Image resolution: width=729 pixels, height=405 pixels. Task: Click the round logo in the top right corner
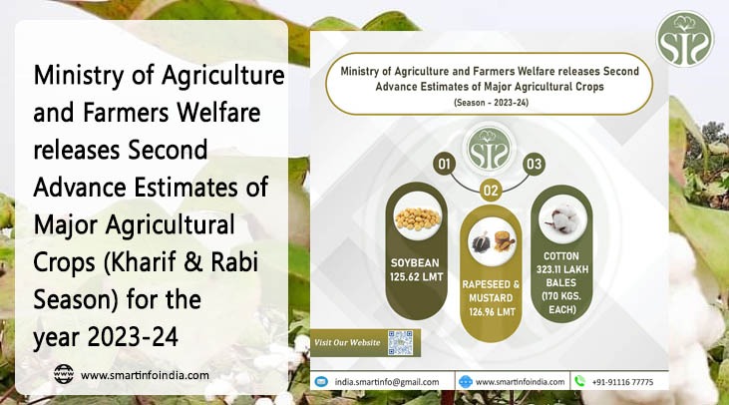click(684, 39)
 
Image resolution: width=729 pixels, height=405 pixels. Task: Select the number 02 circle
click(490, 188)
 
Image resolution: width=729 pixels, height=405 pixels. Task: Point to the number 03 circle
click(534, 163)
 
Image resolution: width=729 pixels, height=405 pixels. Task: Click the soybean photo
click(417, 218)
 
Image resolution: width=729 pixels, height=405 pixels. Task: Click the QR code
click(400, 342)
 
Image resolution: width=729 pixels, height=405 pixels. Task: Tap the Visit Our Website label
click(348, 343)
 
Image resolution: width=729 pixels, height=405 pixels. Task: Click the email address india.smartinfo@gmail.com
click(387, 381)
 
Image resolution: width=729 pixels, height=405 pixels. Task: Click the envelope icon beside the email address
click(322, 381)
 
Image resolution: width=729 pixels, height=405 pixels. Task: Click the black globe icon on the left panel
click(64, 375)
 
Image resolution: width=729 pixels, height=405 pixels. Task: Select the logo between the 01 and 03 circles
click(489, 147)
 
